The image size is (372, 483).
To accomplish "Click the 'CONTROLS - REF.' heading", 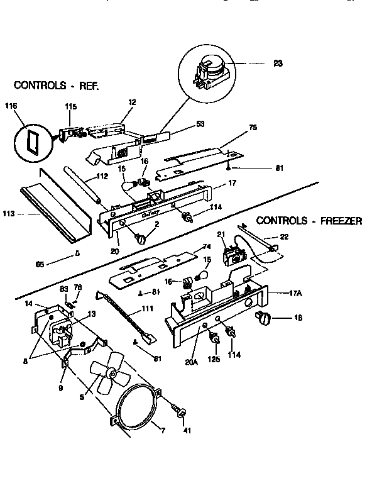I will point(57,84).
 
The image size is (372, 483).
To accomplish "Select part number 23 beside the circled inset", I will point(277,64).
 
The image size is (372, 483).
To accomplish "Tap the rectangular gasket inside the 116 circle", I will point(30,142).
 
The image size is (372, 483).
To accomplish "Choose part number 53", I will point(200,124).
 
